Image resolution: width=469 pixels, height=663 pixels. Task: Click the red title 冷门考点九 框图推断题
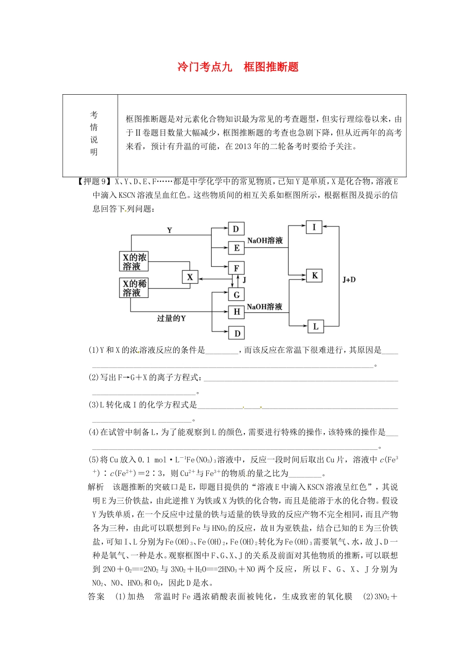tap(238, 67)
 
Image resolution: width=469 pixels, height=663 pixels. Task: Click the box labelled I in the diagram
tap(314, 227)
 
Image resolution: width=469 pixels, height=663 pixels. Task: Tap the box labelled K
tap(314, 275)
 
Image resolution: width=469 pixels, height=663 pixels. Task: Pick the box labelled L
tap(315, 326)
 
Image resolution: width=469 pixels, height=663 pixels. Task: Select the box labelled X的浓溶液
tap(134, 261)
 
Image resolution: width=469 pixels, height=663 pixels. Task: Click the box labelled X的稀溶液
tap(134, 288)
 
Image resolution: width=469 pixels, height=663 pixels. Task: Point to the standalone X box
tap(190, 277)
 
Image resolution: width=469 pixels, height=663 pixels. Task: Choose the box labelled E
tap(236, 248)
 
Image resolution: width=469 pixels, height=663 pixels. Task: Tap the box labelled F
tap(236, 268)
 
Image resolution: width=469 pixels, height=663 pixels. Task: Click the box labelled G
tap(236, 295)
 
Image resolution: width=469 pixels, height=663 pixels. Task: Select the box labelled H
tap(236, 312)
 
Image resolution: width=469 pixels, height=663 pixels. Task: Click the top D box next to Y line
tap(236, 228)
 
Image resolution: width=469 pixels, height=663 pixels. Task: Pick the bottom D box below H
tap(237, 333)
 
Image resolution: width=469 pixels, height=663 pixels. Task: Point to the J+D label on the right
tap(349, 280)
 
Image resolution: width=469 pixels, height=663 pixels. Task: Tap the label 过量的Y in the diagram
tap(171, 319)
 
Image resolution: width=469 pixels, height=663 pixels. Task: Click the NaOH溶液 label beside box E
tap(265, 240)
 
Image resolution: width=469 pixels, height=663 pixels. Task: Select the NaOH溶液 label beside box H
tap(265, 307)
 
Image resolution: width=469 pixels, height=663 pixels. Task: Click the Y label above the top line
tap(169, 230)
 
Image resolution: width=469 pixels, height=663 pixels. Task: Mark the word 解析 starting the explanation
tap(96, 487)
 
